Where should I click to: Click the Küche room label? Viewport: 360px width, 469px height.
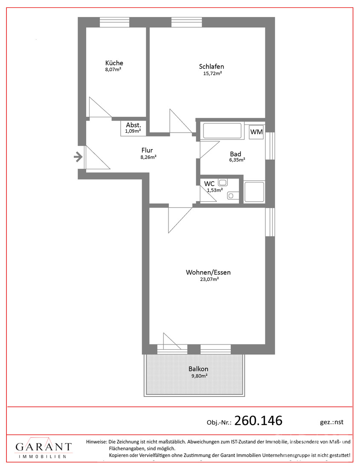pos(114,63)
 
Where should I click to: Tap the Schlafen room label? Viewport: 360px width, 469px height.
pos(211,67)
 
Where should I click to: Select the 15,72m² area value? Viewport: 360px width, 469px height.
pos(212,73)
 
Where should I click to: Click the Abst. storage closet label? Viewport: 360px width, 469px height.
pos(134,125)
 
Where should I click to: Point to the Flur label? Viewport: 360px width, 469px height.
pos(147,150)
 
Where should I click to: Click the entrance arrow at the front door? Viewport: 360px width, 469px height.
pos(78,157)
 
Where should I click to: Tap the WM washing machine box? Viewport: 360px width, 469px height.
pos(256,132)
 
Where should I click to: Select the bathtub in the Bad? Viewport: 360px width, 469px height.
pos(222,131)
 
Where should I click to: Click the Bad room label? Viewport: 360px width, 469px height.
pos(235,154)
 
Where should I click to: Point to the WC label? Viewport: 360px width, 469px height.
pos(209,184)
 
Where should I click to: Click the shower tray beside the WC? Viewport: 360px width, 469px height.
pos(254,191)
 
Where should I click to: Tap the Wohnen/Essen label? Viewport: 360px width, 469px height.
pos(208,272)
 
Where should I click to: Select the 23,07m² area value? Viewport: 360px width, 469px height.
pos(209,279)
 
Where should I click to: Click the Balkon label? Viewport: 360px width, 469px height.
pos(198,369)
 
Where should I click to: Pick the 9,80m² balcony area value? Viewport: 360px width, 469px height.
pos(200,376)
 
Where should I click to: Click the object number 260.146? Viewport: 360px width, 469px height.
pos(258,420)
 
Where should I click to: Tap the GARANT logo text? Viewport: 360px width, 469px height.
pos(44,446)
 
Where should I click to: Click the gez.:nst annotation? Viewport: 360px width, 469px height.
pos(332,422)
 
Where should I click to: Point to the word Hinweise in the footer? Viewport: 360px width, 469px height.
pos(96,441)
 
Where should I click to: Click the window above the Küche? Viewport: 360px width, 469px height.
pos(115,22)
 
